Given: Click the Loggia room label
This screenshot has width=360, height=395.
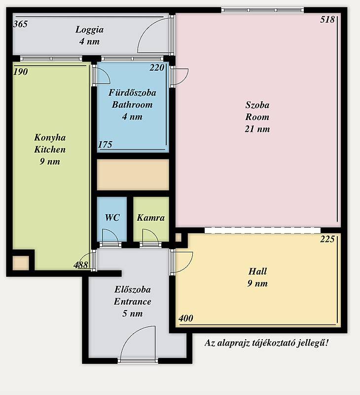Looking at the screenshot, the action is pyautogui.click(x=90, y=30).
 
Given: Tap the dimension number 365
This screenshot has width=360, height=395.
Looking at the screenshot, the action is pyautogui.click(x=20, y=24).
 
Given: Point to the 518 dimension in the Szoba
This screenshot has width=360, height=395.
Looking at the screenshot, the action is pyautogui.click(x=327, y=19).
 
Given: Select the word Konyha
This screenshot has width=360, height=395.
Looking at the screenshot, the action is pyautogui.click(x=50, y=138).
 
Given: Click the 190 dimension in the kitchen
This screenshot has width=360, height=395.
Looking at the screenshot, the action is pyautogui.click(x=20, y=72).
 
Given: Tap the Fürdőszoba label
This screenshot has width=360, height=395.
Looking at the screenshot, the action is pyautogui.click(x=132, y=93).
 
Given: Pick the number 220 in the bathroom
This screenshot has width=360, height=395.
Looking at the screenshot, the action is pyautogui.click(x=157, y=68).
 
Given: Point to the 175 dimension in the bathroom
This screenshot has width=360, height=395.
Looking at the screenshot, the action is pyautogui.click(x=105, y=145).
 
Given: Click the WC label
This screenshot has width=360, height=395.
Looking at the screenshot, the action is pyautogui.click(x=112, y=218).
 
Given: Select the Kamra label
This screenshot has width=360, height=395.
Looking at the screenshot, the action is pyautogui.click(x=151, y=218).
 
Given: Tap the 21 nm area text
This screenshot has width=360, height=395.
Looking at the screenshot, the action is pyautogui.click(x=257, y=129).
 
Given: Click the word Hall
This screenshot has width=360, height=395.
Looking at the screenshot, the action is pyautogui.click(x=257, y=271).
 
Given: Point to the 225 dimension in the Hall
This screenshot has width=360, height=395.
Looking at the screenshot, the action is pyautogui.click(x=327, y=239).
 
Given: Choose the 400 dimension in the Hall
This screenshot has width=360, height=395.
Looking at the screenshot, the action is pyautogui.click(x=186, y=318).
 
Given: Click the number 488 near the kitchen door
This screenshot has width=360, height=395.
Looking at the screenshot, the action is pyautogui.click(x=81, y=265).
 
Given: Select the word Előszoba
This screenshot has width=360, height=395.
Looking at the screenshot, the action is pyautogui.click(x=133, y=289).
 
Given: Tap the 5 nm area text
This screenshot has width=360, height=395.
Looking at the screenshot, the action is pyautogui.click(x=133, y=314).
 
